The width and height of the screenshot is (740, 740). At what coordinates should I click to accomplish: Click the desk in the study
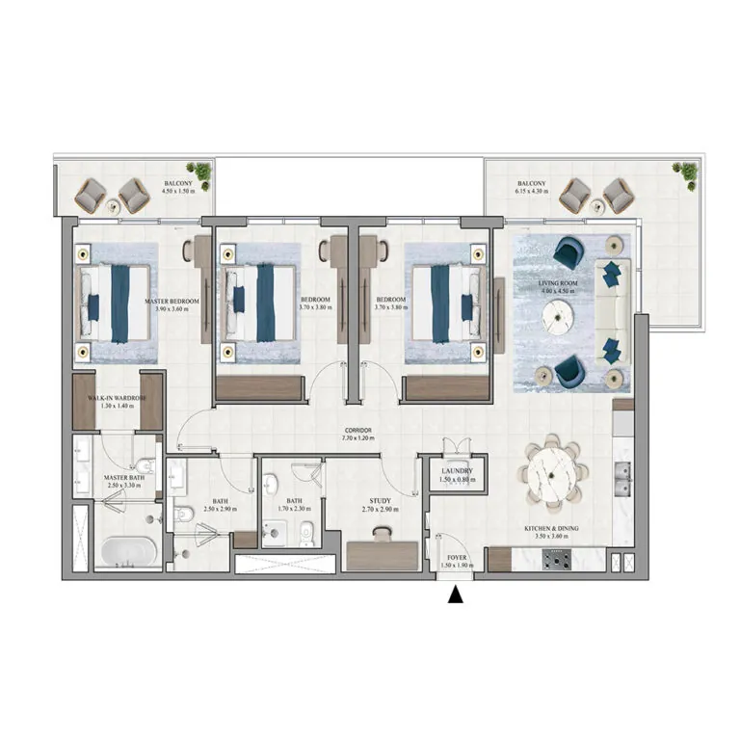pos(382,556)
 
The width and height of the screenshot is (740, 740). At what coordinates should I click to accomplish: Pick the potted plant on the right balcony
pos(688,172)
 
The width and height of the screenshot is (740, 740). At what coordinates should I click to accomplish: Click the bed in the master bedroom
pos(116,304)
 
